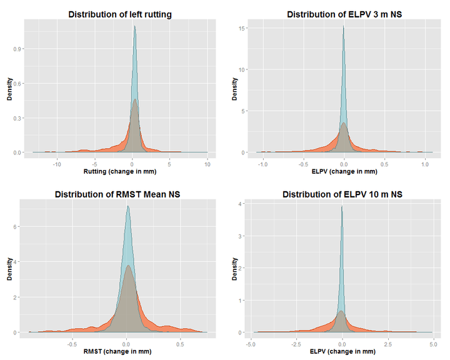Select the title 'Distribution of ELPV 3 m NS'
(341, 14)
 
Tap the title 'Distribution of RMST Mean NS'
(117, 194)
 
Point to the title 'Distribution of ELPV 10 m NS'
(341, 194)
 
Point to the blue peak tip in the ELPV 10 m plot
(342, 206)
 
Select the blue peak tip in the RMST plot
(127, 206)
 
